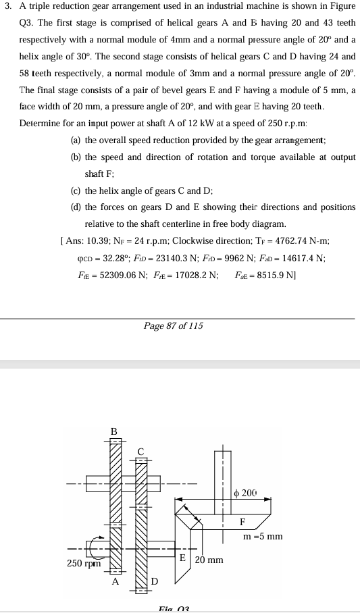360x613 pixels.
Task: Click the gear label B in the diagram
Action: (x=114, y=431)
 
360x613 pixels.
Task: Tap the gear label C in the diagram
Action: (x=140, y=450)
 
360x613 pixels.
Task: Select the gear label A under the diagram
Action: (x=115, y=580)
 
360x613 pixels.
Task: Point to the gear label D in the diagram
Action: (x=154, y=581)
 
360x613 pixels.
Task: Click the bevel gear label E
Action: (x=182, y=557)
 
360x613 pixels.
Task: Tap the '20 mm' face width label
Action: (x=209, y=560)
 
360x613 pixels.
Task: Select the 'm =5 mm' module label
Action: (x=263, y=537)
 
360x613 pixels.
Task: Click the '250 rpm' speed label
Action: (x=84, y=563)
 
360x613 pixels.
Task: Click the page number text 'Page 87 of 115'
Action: (x=173, y=326)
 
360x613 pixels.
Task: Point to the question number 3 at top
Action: (x=7, y=6)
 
